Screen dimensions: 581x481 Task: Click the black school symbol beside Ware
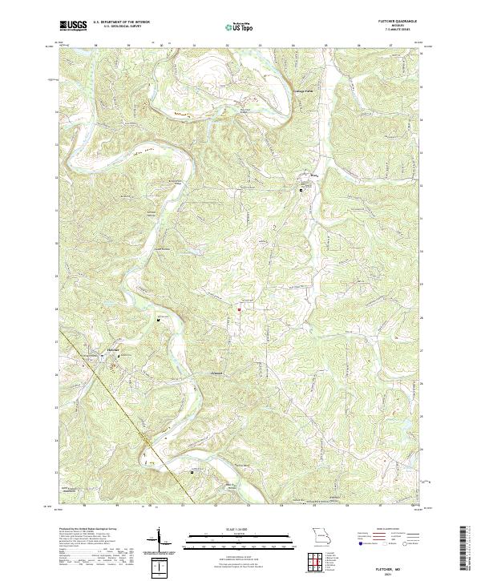click(301, 190)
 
